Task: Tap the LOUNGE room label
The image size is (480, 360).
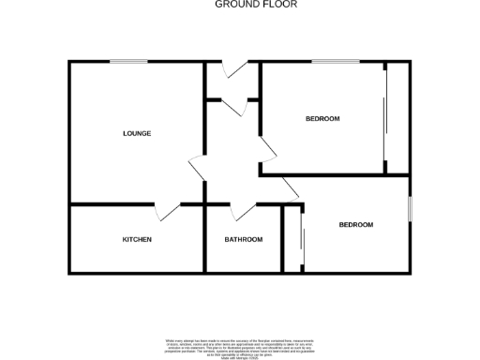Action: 137,133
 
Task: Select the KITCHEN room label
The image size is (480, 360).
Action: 137,239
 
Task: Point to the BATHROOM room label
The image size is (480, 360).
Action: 243,239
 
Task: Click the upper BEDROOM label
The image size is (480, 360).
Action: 322,119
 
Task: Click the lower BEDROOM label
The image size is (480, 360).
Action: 355,225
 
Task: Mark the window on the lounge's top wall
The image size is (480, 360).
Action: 127,62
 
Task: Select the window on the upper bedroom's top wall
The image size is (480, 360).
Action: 330,62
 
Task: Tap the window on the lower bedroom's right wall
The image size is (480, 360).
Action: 410,209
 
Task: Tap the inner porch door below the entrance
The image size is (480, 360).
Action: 235,105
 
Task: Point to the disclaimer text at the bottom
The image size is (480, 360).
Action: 239,346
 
